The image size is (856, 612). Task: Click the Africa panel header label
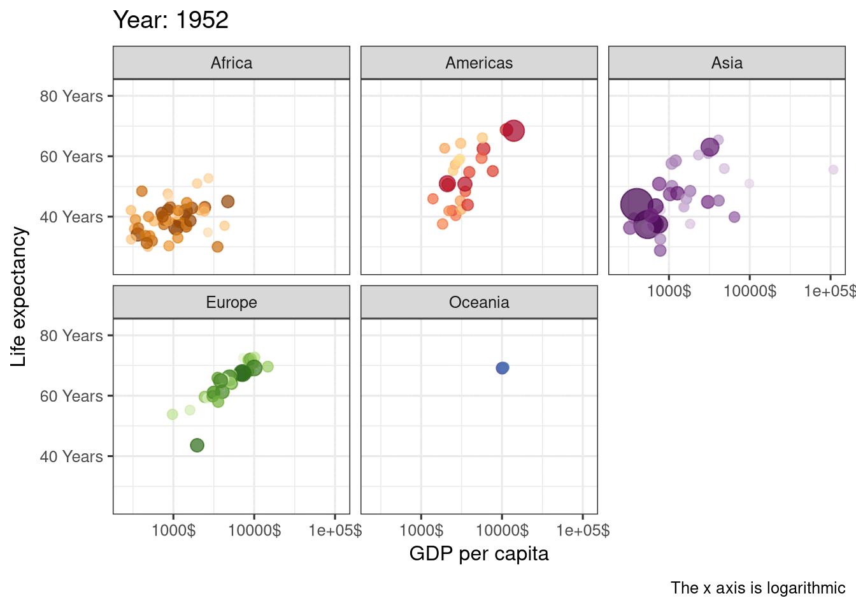click(231, 63)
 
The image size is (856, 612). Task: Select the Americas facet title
click(479, 63)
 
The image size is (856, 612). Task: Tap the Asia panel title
click(727, 63)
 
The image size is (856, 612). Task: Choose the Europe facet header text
click(231, 302)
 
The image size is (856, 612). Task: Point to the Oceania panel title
click(479, 302)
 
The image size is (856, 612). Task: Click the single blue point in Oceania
click(503, 368)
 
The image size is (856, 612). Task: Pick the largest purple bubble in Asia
click(636, 204)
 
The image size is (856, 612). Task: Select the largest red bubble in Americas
click(513, 131)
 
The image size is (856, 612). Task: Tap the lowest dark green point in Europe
click(197, 445)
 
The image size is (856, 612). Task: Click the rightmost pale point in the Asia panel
click(833, 170)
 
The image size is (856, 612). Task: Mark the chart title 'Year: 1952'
click(171, 20)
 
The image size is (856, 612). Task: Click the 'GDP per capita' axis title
click(479, 553)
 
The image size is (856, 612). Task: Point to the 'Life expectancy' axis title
click(19, 296)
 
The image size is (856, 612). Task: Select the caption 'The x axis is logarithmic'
click(758, 588)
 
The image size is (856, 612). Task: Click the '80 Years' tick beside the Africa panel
click(71, 96)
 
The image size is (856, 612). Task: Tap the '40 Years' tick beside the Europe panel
click(71, 456)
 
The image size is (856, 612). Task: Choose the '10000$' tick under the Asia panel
click(750, 291)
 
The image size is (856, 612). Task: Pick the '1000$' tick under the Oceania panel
click(421, 530)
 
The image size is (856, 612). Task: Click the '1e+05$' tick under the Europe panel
click(335, 530)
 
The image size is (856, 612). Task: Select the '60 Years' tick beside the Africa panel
click(71, 157)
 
